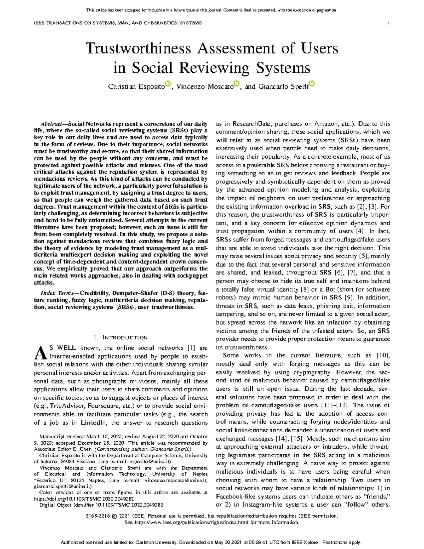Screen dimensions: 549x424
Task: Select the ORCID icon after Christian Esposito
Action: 168,83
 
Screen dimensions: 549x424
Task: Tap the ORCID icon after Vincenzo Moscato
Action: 237,83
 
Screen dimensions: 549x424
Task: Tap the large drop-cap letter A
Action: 40,352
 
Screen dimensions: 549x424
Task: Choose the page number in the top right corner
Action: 389,23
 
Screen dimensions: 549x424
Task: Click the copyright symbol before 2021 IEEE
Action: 114,516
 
